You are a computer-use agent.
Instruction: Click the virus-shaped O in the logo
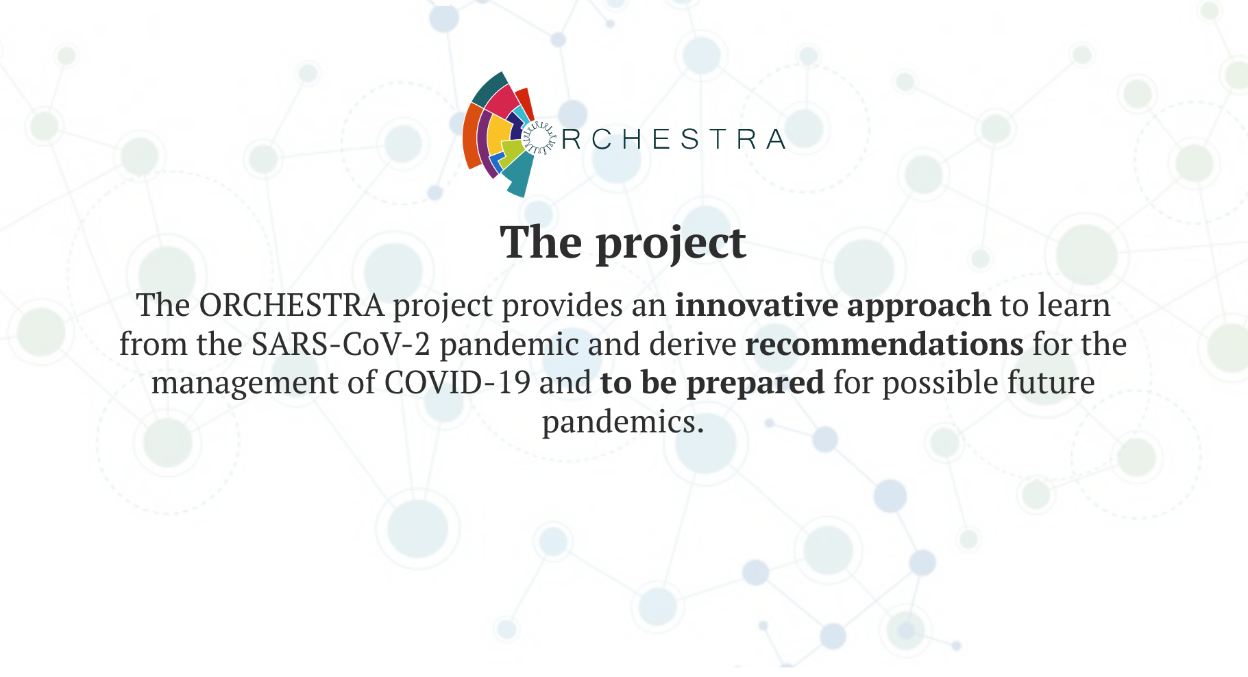(x=539, y=138)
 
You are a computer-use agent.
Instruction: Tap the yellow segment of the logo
(x=498, y=136)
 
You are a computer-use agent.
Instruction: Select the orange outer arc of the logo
(x=472, y=136)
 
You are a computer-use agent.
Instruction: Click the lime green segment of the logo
(x=511, y=152)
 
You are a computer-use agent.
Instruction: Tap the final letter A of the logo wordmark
(x=776, y=139)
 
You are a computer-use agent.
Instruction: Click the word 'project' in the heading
(x=671, y=243)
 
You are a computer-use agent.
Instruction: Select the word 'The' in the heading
(x=541, y=242)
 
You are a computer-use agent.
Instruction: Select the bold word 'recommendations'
(x=884, y=344)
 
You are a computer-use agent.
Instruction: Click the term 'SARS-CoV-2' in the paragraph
(x=341, y=344)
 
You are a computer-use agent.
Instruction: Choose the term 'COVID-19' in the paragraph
(x=457, y=382)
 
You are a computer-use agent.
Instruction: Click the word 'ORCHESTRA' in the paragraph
(x=291, y=306)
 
